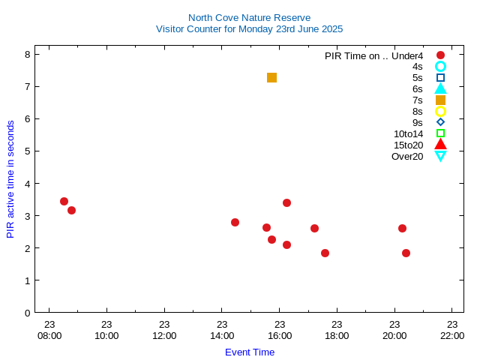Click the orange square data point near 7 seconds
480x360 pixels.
tap(271, 77)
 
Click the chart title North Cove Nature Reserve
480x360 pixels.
tap(249, 17)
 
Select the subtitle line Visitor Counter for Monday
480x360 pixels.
tap(249, 29)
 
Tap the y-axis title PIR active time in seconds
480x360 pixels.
tap(10, 178)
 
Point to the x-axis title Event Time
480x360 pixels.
tap(250, 352)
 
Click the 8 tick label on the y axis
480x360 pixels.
tap(27, 54)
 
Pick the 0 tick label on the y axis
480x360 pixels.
tap(27, 312)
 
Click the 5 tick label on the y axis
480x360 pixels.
tap(27, 151)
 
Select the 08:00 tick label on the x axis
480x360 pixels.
tap(49, 335)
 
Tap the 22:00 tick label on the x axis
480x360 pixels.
tap(452, 335)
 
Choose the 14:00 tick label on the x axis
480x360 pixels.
tap(222, 335)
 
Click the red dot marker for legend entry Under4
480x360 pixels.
tap(440, 55)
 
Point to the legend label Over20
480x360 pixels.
tap(407, 156)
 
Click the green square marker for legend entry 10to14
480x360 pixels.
tap(440, 133)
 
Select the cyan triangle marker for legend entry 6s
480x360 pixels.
tap(440, 88)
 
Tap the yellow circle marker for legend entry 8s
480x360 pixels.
tap(440, 111)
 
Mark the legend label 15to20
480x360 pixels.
tap(408, 145)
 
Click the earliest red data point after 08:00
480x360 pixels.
tap(64, 201)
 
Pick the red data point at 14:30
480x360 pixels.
tap(235, 222)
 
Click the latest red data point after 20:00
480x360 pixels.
tap(406, 253)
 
